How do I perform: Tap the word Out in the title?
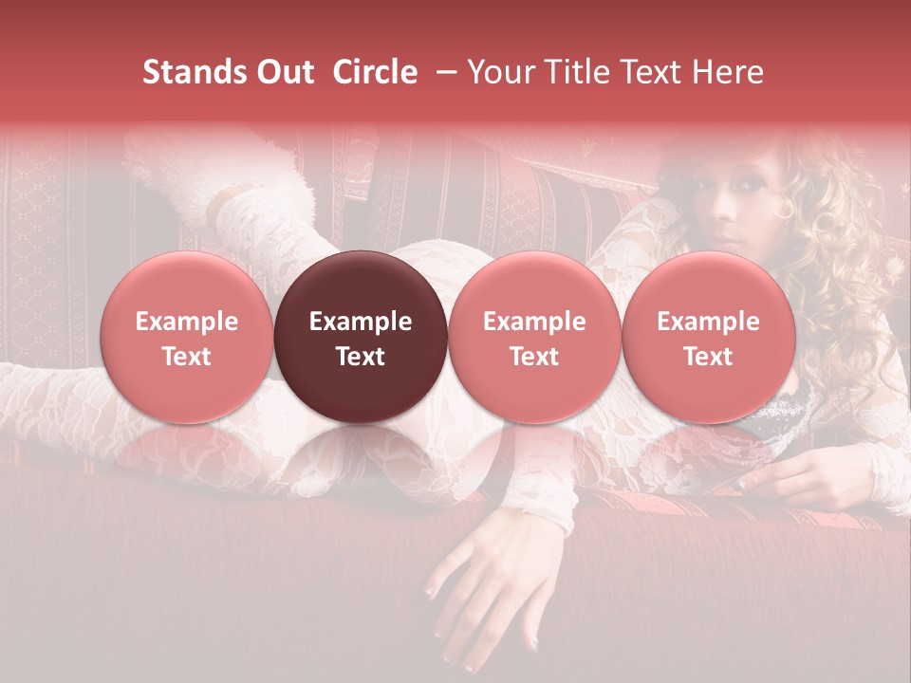pos(282,72)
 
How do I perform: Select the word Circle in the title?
pos(375,72)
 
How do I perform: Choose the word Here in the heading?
pos(725,72)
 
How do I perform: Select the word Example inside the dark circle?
pos(361,322)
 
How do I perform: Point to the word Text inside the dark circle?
pos(361,357)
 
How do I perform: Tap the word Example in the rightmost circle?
pos(708,322)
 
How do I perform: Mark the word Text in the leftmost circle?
pos(186,357)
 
